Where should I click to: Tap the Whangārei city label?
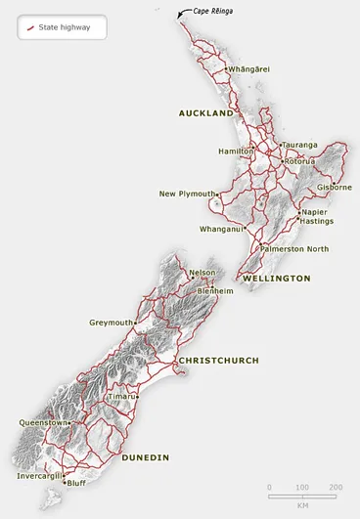coord(248,69)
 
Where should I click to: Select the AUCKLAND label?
coord(205,113)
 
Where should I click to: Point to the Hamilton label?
coord(235,151)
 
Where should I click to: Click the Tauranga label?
coord(300,145)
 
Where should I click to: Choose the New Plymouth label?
coord(187,194)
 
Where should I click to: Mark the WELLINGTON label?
coord(277,279)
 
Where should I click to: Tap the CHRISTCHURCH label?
coord(218,361)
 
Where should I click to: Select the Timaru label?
coord(122,397)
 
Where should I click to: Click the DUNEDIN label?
coord(146,456)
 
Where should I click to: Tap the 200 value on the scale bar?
coord(336,487)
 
